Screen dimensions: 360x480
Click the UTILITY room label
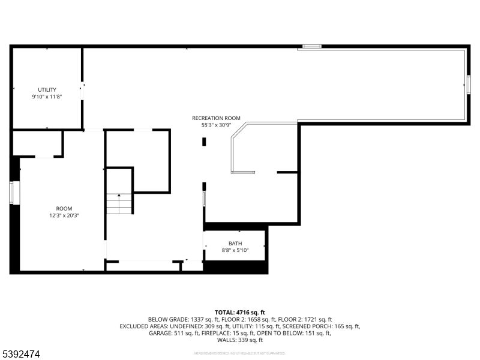point(47,89)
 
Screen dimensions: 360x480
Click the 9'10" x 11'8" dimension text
point(47,97)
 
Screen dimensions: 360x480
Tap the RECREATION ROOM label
point(216,118)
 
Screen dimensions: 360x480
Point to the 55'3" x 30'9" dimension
point(216,125)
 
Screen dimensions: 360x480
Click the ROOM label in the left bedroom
point(64,208)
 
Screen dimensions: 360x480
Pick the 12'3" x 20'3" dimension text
point(64,215)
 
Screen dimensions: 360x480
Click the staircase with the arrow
point(119,203)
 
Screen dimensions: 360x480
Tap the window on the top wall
point(311,46)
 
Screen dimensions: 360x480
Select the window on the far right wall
point(469,84)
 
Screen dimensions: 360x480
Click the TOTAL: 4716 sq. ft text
point(239,313)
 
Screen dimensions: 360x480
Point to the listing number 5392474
point(21,355)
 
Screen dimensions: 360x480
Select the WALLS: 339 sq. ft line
point(239,340)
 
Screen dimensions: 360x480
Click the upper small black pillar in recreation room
point(204,142)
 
